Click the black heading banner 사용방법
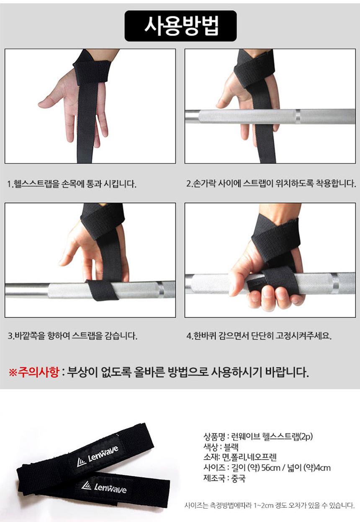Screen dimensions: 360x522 click(x=181, y=26)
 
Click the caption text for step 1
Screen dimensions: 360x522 click(x=72, y=184)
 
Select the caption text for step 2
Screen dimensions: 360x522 click(x=271, y=183)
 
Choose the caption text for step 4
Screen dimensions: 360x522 click(x=259, y=336)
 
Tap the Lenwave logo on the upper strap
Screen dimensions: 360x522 click(x=98, y=455)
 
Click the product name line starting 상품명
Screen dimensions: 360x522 click(x=258, y=436)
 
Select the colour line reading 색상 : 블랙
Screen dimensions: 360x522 click(x=221, y=447)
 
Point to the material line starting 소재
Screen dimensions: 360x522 click(x=240, y=457)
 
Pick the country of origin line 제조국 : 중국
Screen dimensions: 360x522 click(x=224, y=478)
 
